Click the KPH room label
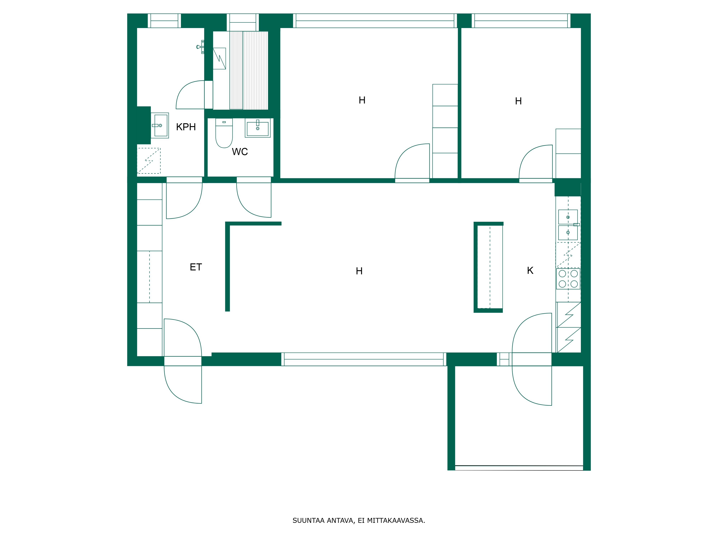point(186,127)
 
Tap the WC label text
point(240,152)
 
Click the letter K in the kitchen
point(530,270)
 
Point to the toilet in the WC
point(224,133)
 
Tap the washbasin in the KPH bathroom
point(160,125)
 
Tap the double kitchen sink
point(568,225)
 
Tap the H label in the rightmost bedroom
point(518,101)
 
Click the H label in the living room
point(359,271)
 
